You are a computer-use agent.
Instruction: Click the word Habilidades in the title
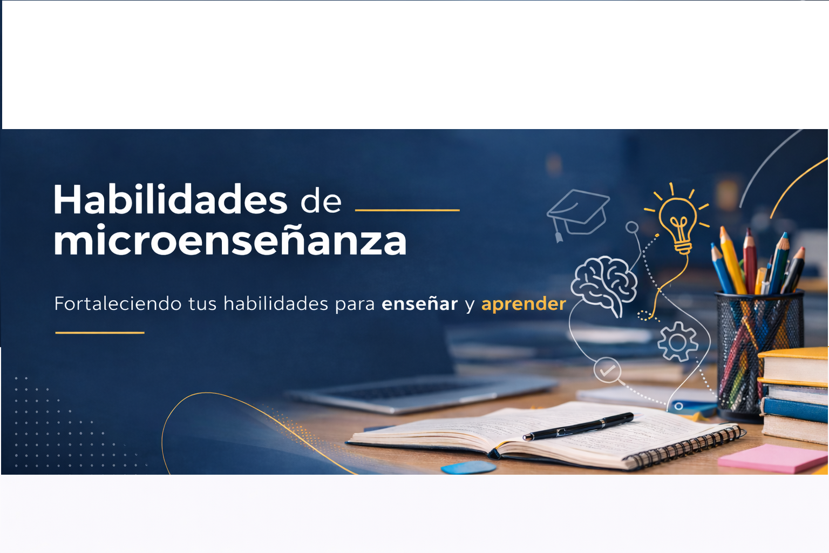(x=170, y=200)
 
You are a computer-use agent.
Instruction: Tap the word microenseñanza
(x=230, y=241)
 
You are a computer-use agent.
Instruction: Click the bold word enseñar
(x=419, y=304)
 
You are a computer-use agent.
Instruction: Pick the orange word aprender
(x=524, y=304)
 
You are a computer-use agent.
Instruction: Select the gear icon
(x=677, y=341)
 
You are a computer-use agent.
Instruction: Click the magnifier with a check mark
(x=608, y=371)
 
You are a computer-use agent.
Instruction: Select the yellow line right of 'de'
(x=407, y=210)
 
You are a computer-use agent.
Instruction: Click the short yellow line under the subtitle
(x=100, y=333)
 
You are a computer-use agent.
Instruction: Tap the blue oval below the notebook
(x=468, y=467)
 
